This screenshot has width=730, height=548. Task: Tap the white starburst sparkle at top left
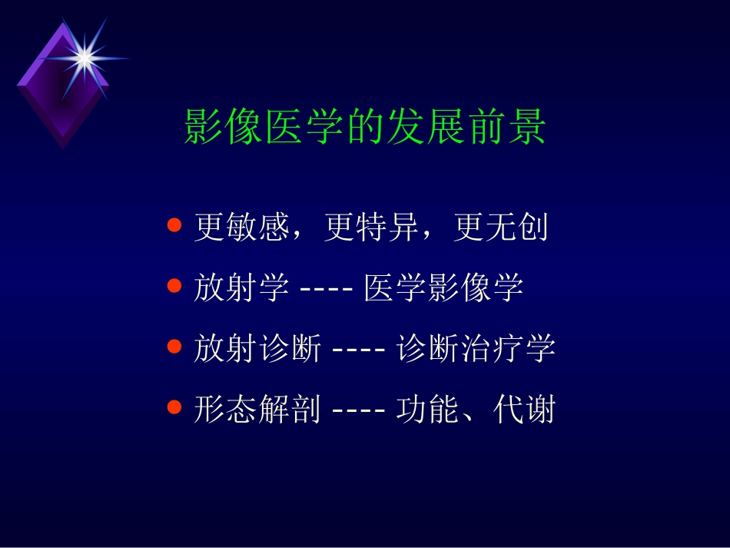coord(85,56)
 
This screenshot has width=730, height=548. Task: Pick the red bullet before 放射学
coord(174,287)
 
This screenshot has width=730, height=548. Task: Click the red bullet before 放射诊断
coord(174,347)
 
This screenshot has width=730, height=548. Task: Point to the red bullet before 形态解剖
coord(174,408)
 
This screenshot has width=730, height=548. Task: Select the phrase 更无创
coord(501,228)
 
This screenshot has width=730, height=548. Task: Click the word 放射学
coord(241,288)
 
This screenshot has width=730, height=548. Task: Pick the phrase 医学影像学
coord(443,288)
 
